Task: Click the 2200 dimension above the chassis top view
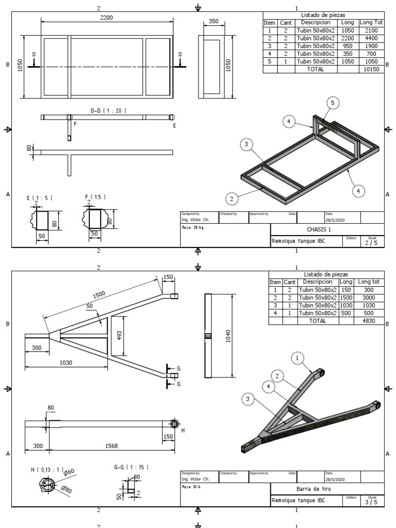[107, 18]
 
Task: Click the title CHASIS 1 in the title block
[319, 229]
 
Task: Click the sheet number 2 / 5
[370, 243]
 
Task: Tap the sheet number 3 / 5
[370, 502]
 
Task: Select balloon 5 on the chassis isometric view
[333, 104]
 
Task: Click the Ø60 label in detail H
[70, 471]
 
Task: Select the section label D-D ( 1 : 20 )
[108, 110]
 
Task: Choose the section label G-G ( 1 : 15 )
[131, 467]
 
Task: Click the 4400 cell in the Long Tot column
[371, 38]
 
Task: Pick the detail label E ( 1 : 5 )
[40, 197]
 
